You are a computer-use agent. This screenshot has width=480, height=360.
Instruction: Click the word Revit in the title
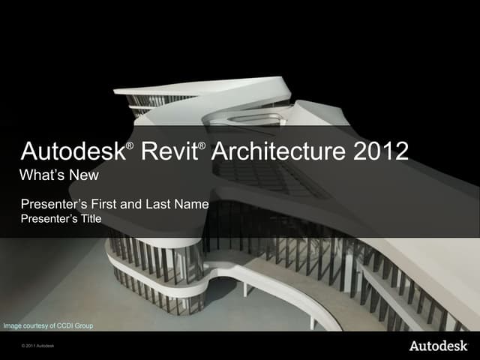pos(169,152)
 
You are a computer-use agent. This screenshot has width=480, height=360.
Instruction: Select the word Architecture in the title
pos(277,152)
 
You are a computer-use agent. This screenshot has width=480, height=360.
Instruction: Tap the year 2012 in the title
pos(380,152)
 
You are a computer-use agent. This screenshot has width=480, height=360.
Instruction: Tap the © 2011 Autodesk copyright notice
pos(38,347)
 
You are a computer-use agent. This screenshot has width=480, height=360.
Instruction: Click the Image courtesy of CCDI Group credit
pos(48,326)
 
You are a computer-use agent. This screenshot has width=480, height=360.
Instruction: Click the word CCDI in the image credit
pos(64,326)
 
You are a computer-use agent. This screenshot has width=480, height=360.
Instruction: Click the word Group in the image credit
pos(84,326)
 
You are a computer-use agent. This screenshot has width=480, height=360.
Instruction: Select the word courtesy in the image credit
pos(37,326)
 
